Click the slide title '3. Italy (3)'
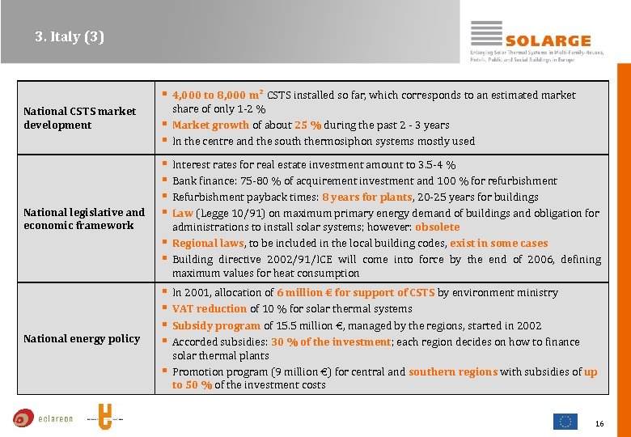pyautogui.click(x=70, y=36)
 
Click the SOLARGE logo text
pyautogui.click(x=548, y=40)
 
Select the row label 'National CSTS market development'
pyautogui.click(x=79, y=118)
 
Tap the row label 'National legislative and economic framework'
pyautogui.click(x=84, y=218)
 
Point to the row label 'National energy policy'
pyautogui.click(x=82, y=338)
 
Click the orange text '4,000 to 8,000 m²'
pyautogui.click(x=218, y=95)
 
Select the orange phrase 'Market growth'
pyautogui.click(x=210, y=125)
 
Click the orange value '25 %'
pyautogui.click(x=307, y=125)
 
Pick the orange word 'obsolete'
pyautogui.click(x=437, y=227)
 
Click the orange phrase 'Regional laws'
pyautogui.click(x=208, y=243)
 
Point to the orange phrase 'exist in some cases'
pyautogui.click(x=498, y=243)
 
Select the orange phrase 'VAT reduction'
pyautogui.click(x=210, y=308)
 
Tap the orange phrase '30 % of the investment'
pyautogui.click(x=331, y=342)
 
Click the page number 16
pyautogui.click(x=599, y=423)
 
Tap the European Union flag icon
pyautogui.click(x=565, y=421)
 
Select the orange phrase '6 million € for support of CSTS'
pyautogui.click(x=355, y=292)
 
